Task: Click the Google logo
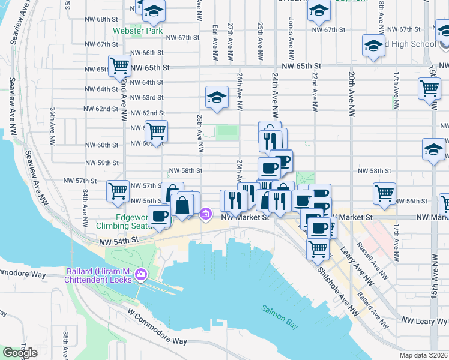click(x=20, y=353)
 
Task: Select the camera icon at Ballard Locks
click(x=141, y=275)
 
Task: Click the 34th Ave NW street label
click(x=86, y=202)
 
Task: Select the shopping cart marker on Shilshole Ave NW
click(x=318, y=247)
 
